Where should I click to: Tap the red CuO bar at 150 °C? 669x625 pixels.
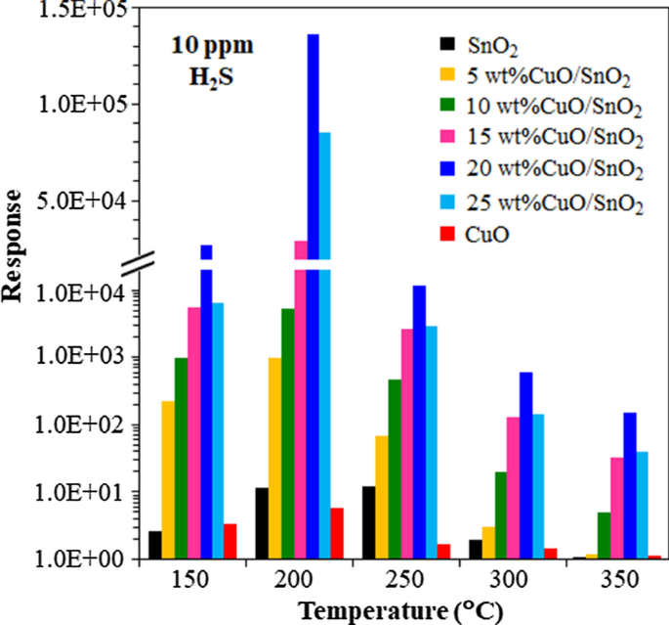tap(230, 541)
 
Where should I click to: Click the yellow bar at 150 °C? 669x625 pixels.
tap(168, 479)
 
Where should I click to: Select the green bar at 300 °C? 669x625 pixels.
tap(500, 514)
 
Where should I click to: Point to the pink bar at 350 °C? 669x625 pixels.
tap(617, 508)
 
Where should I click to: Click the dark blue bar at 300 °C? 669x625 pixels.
tap(525, 465)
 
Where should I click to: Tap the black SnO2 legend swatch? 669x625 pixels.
tap(448, 43)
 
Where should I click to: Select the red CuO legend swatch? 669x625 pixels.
tap(448, 236)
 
